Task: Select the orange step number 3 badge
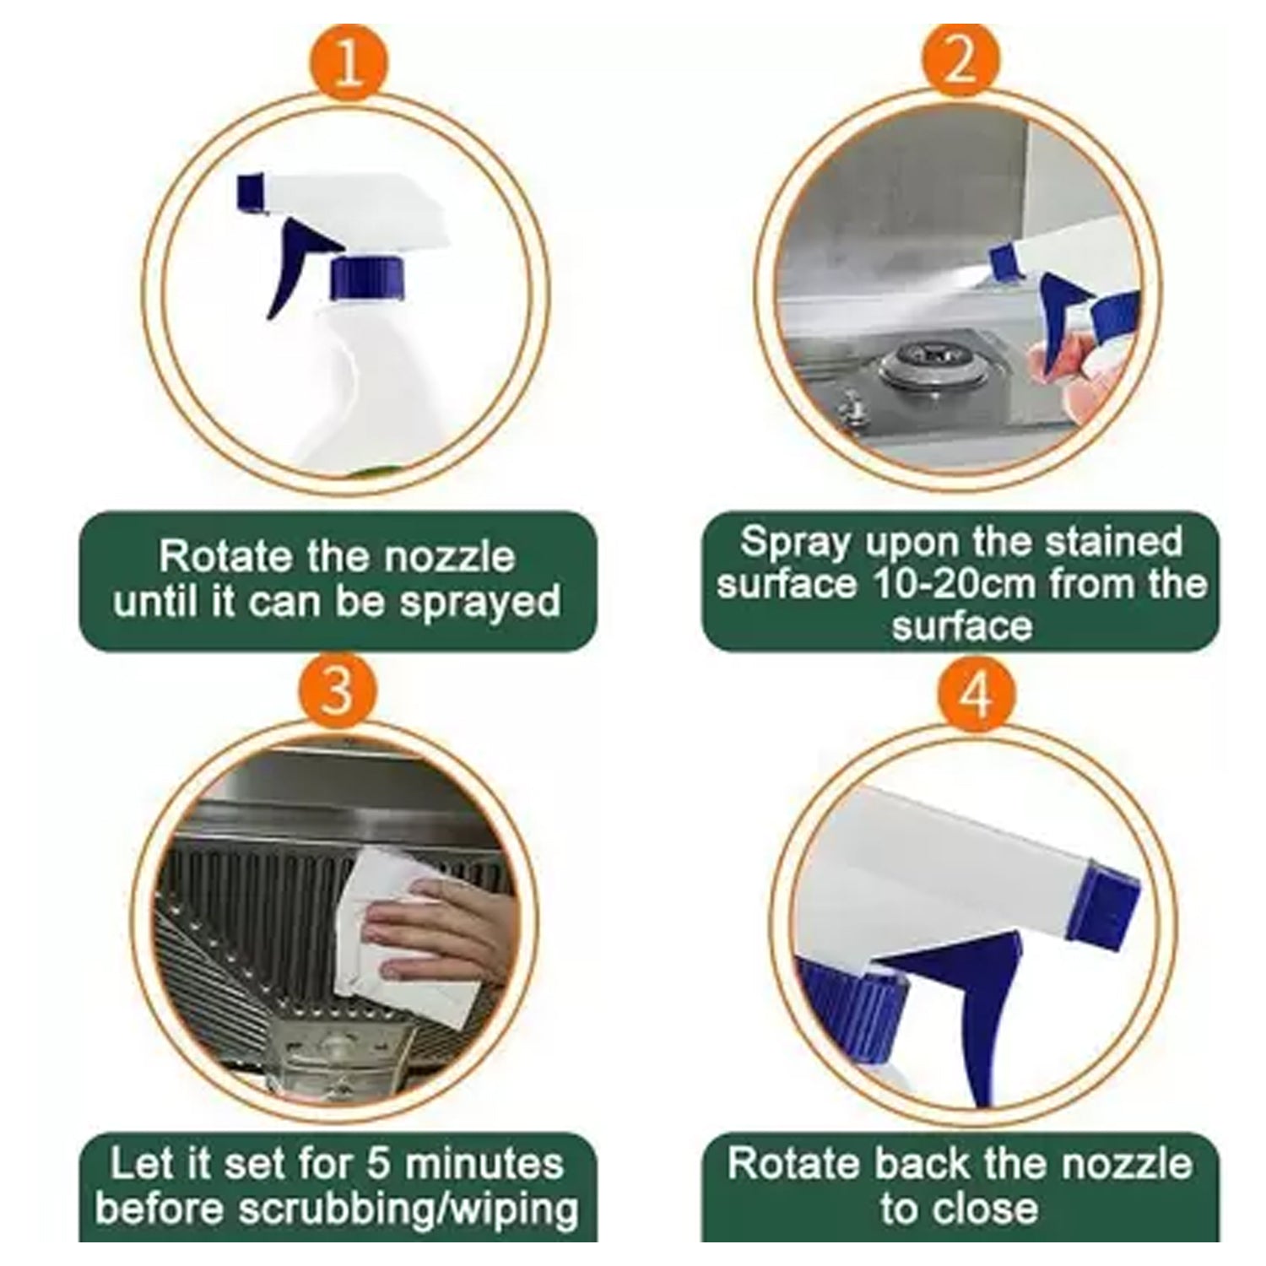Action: point(337,690)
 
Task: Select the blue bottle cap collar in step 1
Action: point(369,279)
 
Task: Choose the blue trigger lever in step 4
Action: point(962,1013)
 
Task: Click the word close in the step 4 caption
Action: point(984,1209)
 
